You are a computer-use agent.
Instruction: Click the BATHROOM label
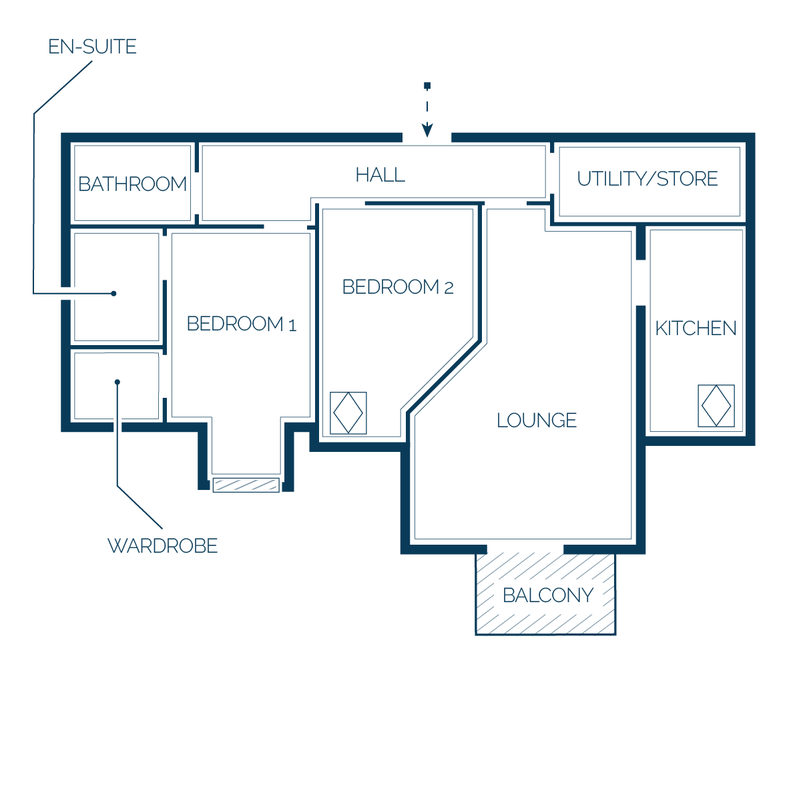(x=132, y=184)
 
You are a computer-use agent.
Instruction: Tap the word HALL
(x=380, y=175)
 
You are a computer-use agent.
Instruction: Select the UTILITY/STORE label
(x=647, y=179)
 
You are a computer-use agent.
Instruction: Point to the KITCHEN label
(x=696, y=328)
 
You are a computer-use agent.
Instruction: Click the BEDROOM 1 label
(x=242, y=324)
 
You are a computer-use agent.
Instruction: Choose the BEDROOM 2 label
(x=398, y=287)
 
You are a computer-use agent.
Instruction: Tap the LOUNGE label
(x=537, y=421)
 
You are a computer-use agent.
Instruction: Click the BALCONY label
(x=548, y=596)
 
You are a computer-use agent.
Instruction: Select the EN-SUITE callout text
(x=92, y=47)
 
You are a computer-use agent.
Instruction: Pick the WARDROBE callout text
(x=162, y=546)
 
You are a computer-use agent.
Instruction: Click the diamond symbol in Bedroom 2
(x=348, y=413)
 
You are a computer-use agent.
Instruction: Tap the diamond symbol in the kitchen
(x=716, y=406)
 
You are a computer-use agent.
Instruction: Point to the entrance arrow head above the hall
(x=427, y=129)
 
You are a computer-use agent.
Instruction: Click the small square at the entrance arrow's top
(x=427, y=85)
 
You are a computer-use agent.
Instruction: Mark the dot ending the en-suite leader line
(x=113, y=293)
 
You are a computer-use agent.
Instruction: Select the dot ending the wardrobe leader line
(x=117, y=382)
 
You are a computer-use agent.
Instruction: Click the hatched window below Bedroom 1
(x=246, y=485)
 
